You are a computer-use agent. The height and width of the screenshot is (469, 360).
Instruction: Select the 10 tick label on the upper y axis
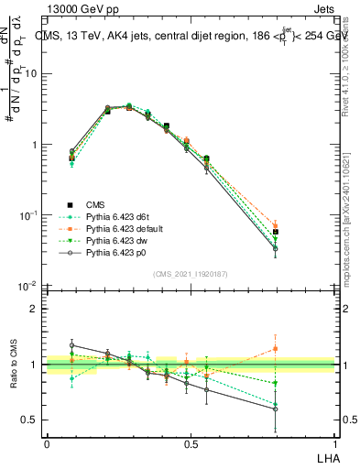[x=30, y=74]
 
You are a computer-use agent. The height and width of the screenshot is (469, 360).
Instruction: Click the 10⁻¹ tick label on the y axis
[x=27, y=215]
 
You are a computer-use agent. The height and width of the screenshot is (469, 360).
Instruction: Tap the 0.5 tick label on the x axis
[x=191, y=443]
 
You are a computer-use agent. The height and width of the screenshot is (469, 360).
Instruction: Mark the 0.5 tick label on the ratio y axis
[x=32, y=420]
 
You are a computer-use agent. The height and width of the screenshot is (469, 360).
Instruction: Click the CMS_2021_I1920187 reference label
[x=190, y=274]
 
